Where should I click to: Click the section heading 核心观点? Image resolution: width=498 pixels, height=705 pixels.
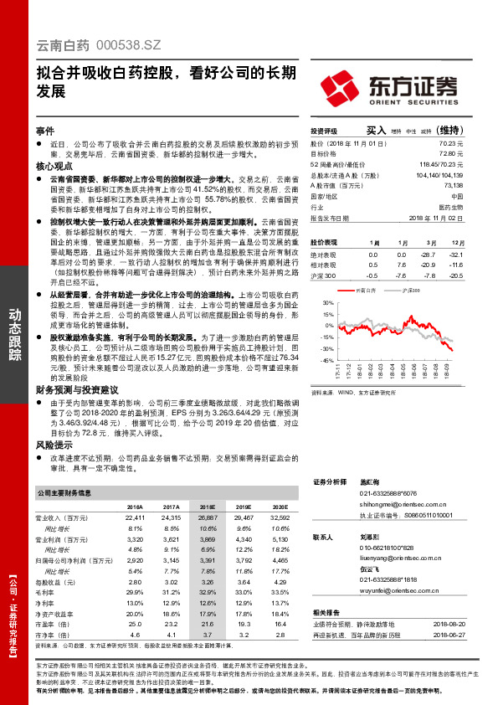[x=53, y=167]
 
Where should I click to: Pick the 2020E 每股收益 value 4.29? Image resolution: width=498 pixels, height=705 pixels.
[x=280, y=580]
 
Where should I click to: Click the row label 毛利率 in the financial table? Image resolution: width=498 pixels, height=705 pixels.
[x=55, y=591]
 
